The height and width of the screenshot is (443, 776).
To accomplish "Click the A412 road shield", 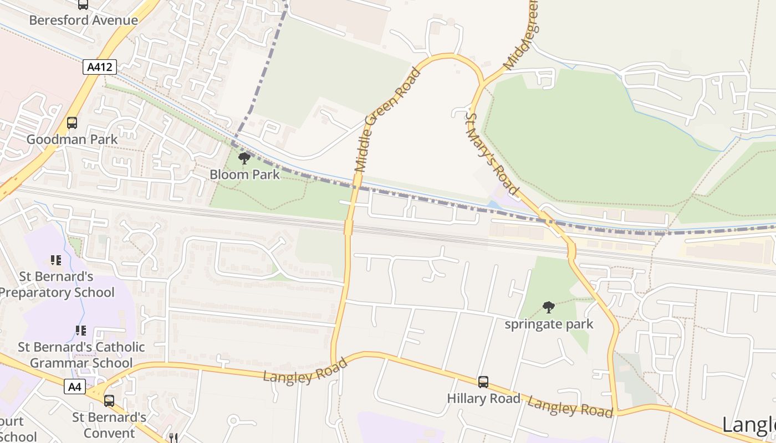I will point(100,68).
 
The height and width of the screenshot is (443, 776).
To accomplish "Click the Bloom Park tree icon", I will point(244,159).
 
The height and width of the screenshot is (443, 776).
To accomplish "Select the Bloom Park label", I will point(244,174).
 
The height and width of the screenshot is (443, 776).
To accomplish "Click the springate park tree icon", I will point(549,307).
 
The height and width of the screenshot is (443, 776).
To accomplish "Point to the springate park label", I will point(549,324).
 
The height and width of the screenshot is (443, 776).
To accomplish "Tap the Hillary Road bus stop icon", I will point(483,382).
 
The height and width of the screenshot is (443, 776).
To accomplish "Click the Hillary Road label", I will point(483,398).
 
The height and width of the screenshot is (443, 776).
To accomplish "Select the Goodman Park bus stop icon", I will point(72,123).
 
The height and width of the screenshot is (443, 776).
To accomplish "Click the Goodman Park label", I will point(72,139).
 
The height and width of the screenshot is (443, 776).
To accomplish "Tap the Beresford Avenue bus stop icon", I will point(83,4).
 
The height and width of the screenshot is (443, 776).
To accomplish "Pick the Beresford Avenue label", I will point(83,20).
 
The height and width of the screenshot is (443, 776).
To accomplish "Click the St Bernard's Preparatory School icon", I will point(55,260).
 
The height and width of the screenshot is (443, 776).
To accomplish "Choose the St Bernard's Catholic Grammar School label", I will point(81,355).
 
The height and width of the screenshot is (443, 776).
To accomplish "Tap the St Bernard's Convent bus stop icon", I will point(109,401).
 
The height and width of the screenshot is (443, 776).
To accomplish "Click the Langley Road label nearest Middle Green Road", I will point(305,370).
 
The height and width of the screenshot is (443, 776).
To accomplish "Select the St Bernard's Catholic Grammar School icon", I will point(81,331).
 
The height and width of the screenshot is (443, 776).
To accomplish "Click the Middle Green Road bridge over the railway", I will point(349,227).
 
